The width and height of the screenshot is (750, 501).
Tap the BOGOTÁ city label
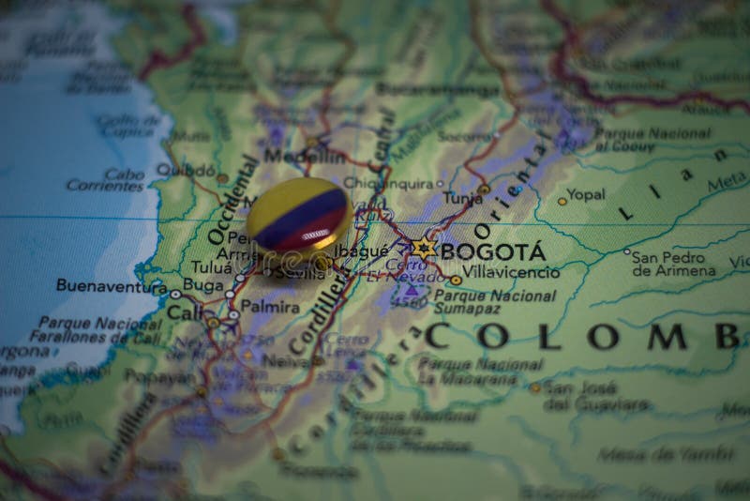click(x=492, y=251)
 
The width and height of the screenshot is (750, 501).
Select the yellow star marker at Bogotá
click(x=422, y=249)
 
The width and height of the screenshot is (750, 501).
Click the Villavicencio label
click(x=512, y=273)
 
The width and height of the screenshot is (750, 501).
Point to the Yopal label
click(x=586, y=195)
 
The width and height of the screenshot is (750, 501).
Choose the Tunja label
click(x=462, y=198)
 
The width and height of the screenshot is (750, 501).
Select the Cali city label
click(x=186, y=311)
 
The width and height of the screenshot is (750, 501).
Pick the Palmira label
click(x=270, y=306)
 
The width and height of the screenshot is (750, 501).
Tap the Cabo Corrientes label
click(x=106, y=179)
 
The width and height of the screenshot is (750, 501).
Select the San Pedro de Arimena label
click(x=673, y=264)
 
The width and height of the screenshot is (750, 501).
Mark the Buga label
click(x=202, y=284)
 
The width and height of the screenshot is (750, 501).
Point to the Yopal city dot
click(x=562, y=201)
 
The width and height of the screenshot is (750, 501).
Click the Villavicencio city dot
click(x=456, y=280)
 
